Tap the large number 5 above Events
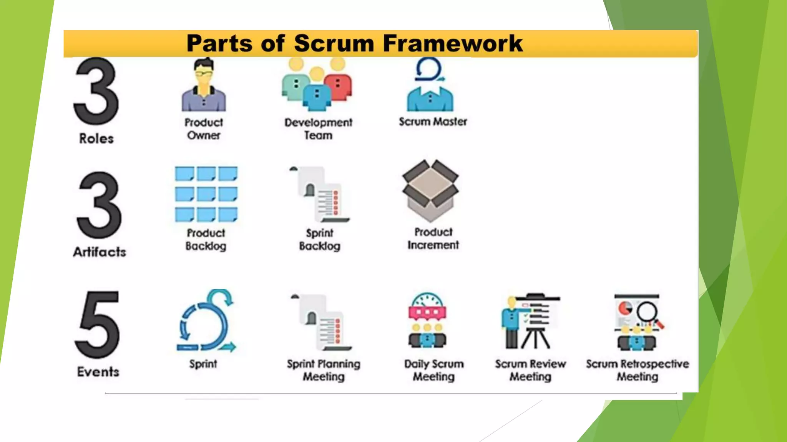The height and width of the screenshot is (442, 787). [x=98, y=325]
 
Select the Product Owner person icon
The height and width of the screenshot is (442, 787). [x=204, y=86]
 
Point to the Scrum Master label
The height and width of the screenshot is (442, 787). [x=433, y=122]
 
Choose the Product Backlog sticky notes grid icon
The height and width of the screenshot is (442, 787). [x=206, y=194]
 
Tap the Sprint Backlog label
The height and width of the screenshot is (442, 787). [x=320, y=239]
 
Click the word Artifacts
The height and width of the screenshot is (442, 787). [x=100, y=252]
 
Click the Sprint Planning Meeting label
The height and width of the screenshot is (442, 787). [x=324, y=370]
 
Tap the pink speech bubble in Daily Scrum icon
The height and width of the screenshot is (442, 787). [x=427, y=313]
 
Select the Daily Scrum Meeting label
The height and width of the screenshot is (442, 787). [x=434, y=370]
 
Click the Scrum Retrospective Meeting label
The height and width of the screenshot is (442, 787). [x=637, y=370]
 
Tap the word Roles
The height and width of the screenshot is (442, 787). [x=96, y=139]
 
